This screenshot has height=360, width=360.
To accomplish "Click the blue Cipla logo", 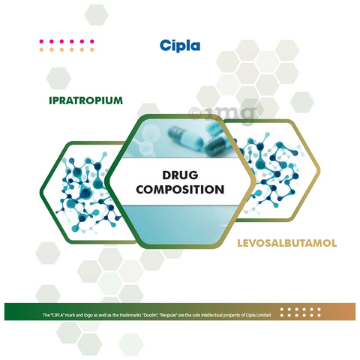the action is tap(180, 46).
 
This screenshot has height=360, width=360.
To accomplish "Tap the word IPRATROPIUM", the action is tap(85, 100).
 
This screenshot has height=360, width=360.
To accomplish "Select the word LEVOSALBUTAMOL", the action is tap(286, 243).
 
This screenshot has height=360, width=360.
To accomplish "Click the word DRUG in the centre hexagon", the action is tap(180, 175).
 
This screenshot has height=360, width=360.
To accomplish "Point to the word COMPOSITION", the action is tap(180, 190).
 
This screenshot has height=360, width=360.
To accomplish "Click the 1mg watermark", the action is tap(223, 114).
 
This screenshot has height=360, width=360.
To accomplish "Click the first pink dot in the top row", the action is tap(41, 41).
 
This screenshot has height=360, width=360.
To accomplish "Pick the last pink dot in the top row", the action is tap(92, 41).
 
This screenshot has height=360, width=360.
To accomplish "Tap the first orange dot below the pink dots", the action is tap(41, 49).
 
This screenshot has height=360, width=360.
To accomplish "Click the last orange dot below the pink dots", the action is tap(92, 49).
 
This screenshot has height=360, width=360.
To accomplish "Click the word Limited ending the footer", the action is tap(263, 315).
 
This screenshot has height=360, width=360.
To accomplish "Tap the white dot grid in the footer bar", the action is tap(301, 312).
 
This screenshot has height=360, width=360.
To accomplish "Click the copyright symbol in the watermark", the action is tap(194, 113).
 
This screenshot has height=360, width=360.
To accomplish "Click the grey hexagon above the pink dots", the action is tap(96, 15).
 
